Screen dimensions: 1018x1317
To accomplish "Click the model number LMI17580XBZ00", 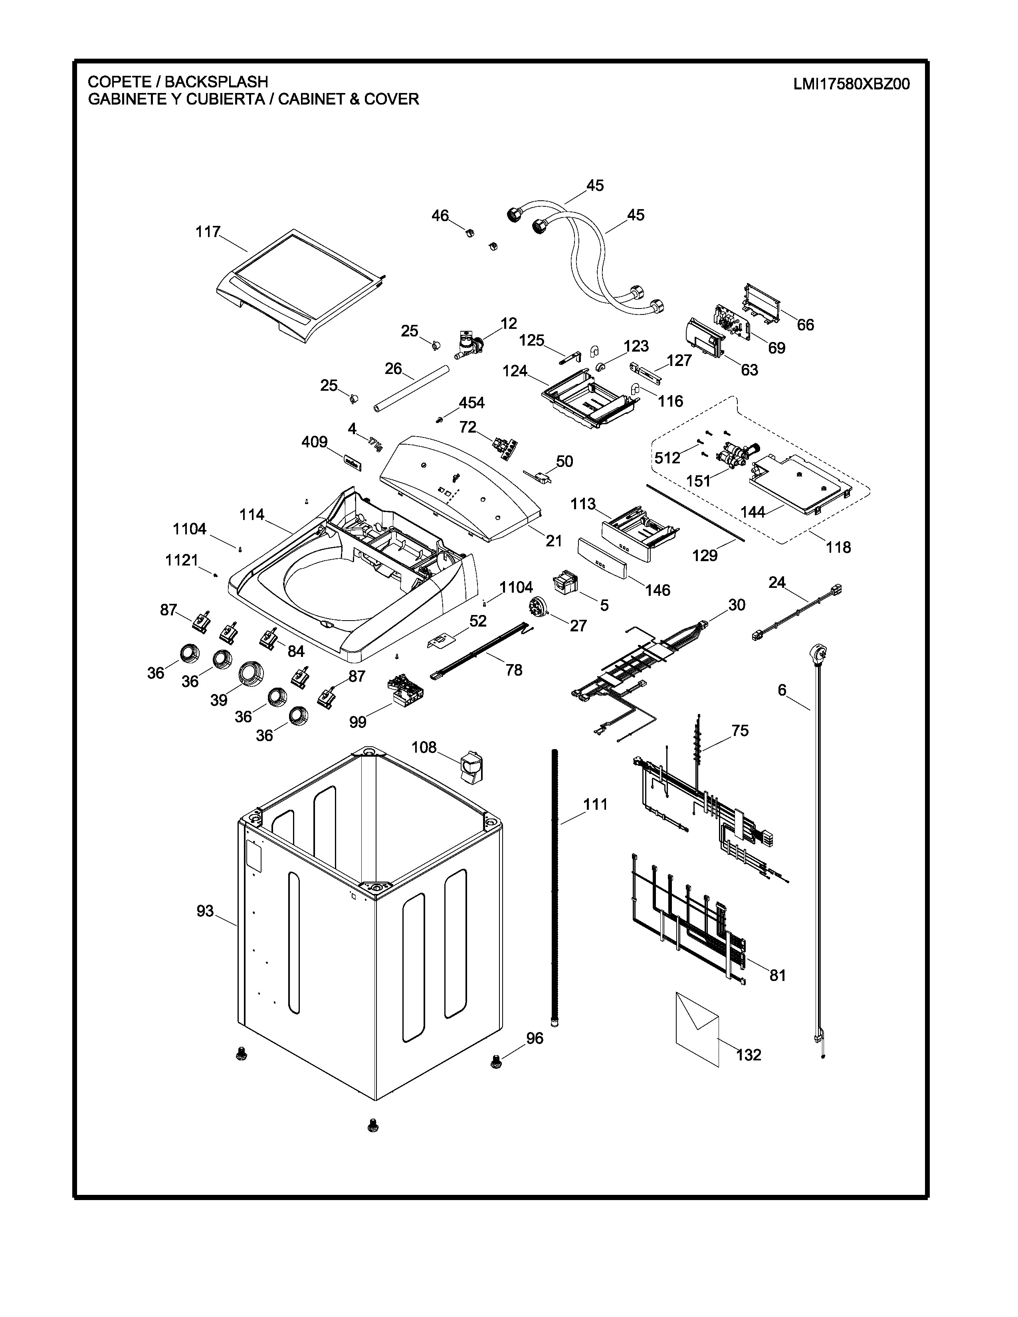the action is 851,84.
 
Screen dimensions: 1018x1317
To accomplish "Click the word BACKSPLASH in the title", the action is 216,81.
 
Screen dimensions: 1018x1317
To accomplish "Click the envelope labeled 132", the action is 697,1029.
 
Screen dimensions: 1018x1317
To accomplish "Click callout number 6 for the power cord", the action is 782,690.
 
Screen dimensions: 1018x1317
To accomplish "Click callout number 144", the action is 753,512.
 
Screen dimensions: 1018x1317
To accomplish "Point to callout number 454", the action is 471,402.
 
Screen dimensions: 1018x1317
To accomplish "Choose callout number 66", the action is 805,324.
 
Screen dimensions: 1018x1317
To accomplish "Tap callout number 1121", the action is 182,560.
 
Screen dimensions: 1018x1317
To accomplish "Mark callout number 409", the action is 314,442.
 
